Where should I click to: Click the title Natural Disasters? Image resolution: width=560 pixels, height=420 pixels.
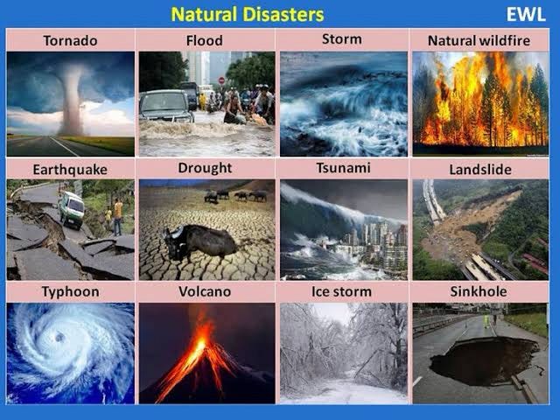tap(247, 14)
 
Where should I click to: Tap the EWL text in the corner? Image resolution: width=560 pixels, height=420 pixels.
tap(525, 14)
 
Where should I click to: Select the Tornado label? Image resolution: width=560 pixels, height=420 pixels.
tap(70, 40)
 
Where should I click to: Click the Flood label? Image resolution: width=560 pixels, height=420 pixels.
tap(204, 40)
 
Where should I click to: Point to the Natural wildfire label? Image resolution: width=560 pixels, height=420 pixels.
tap(479, 40)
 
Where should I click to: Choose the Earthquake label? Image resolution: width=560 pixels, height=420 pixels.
tap(69, 169)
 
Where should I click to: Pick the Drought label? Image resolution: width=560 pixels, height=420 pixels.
tap(205, 168)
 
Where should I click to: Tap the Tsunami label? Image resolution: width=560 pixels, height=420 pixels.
tap(342, 168)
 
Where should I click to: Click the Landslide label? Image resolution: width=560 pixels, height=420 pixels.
tap(479, 169)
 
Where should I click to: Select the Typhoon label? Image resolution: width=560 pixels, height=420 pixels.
tap(69, 290)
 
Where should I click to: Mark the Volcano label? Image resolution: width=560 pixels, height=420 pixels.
tap(205, 290)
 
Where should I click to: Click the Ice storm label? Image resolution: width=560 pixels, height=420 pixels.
tap(342, 290)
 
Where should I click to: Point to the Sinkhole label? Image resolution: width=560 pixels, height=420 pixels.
tap(479, 290)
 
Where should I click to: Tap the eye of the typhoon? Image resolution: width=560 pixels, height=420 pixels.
tap(59, 338)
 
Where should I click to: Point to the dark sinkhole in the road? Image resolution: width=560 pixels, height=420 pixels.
tap(483, 360)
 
